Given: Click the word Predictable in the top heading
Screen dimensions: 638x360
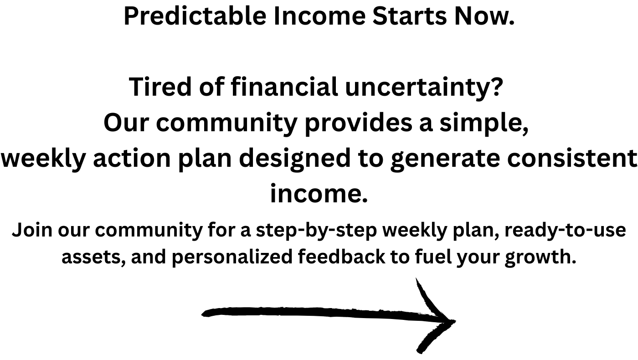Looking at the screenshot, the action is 195,16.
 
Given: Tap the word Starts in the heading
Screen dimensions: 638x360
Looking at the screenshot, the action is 410,16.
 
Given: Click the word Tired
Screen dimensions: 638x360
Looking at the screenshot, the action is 160,87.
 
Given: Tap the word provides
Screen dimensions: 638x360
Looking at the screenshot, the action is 358,124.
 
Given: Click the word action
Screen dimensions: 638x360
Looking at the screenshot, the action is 132,158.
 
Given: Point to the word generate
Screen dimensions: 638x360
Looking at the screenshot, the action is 445,160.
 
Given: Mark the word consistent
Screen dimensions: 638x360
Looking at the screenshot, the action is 572,159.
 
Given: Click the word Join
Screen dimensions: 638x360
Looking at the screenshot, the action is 32,230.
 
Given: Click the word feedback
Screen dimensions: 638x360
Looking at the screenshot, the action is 341,256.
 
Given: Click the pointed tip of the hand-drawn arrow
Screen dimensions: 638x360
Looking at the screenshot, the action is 455,321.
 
